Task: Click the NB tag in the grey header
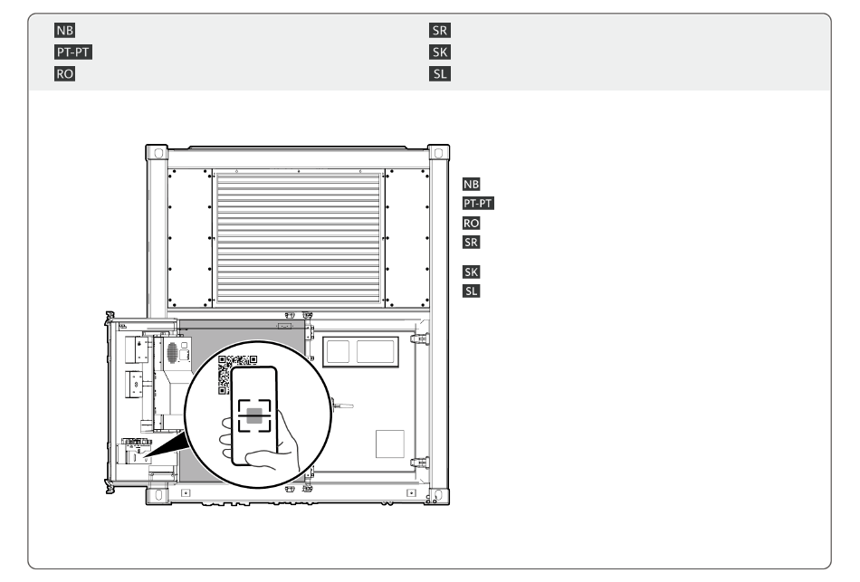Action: (x=64, y=30)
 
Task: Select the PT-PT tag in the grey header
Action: (x=73, y=52)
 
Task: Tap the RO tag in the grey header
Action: (x=64, y=73)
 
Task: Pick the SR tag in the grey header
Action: (x=440, y=30)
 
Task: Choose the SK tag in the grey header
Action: (x=440, y=52)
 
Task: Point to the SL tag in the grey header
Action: (x=440, y=73)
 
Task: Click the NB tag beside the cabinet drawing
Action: (x=471, y=185)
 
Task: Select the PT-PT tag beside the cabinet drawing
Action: (x=478, y=204)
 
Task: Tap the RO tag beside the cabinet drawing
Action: (x=471, y=224)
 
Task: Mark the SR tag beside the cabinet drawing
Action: (x=471, y=243)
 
